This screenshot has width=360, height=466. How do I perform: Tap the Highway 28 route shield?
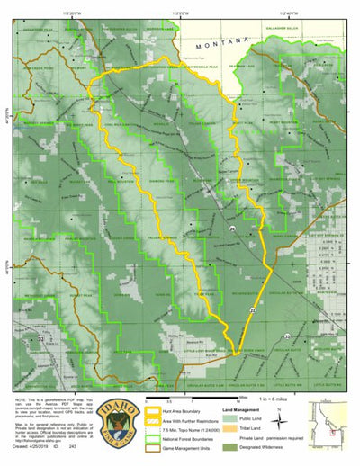231,231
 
